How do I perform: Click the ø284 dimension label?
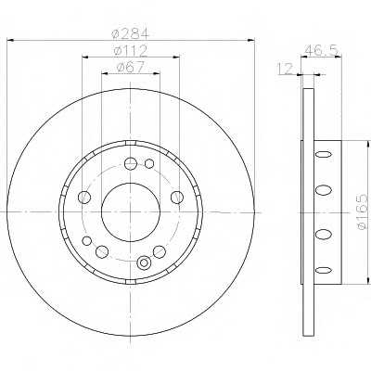pyautogui.click(x=130, y=33)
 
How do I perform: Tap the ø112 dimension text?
pyautogui.click(x=130, y=50)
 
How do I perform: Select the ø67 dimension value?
pyautogui.click(x=131, y=67)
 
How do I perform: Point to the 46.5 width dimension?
pyautogui.click(x=321, y=50)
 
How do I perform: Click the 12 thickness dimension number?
pyautogui.click(x=285, y=69)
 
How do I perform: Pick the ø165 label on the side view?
pyautogui.click(x=362, y=211)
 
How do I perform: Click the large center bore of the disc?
pyautogui.click(x=131, y=212)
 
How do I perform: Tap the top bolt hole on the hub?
pyautogui.click(x=131, y=163)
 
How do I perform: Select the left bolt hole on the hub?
pyautogui.click(x=84, y=198)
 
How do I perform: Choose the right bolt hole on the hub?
pyautogui.click(x=177, y=198)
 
